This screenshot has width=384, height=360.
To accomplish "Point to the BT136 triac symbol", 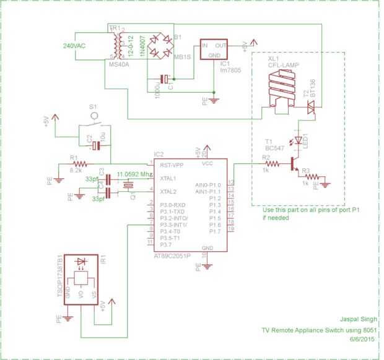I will pyautogui.click(x=311, y=109).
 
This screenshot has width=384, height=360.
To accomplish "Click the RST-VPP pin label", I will pyautogui.click(x=172, y=166).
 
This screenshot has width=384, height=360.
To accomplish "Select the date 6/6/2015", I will pyautogui.click(x=362, y=339).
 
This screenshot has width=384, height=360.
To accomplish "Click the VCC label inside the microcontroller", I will pyautogui.click(x=207, y=165).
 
